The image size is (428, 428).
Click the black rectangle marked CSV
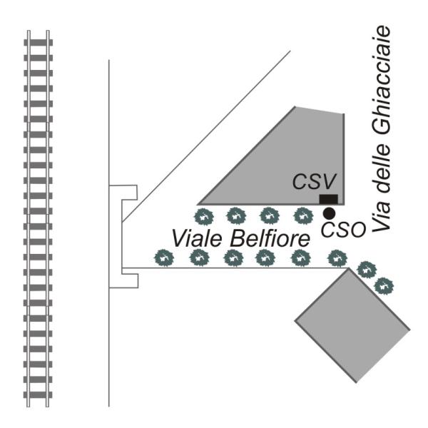pos(328,199)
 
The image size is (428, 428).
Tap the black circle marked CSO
pos(329,213)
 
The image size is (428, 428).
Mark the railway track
pos(37,214)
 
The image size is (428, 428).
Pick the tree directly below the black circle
pos(335,257)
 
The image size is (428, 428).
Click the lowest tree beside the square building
pos(384,285)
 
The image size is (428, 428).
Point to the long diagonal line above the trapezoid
pos(207,136)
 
